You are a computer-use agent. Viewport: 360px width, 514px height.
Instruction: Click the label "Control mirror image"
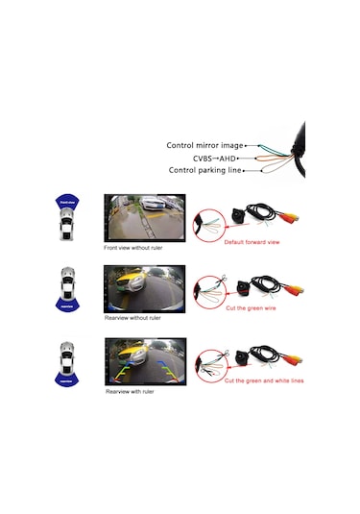204,146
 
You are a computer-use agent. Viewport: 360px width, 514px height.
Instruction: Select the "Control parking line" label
204,170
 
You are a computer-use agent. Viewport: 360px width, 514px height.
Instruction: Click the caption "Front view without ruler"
138,247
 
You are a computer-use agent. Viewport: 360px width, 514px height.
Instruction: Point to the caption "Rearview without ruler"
134,316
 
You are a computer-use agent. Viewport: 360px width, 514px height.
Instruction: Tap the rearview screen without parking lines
145,286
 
